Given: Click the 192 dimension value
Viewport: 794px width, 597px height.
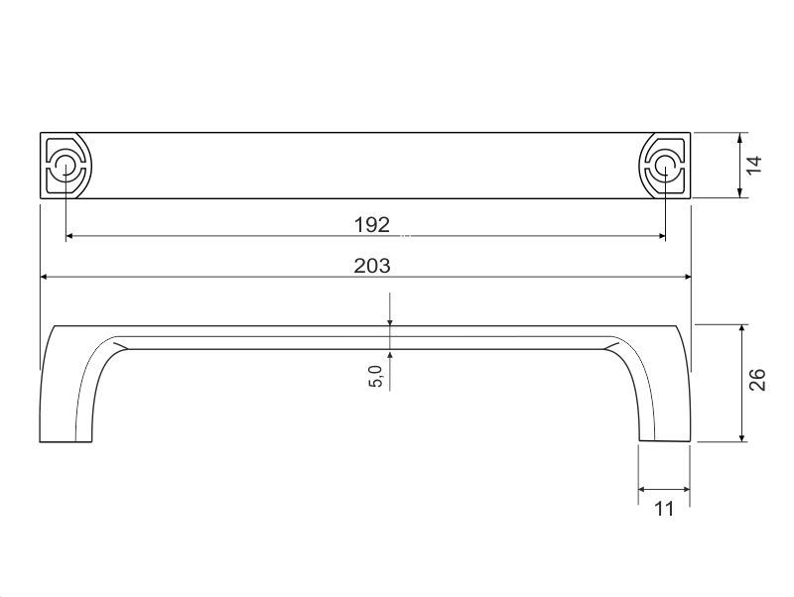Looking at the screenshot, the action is (x=372, y=225).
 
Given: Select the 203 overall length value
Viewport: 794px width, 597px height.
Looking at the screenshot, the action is (x=372, y=266).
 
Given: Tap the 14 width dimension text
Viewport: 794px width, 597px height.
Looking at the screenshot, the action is (x=754, y=165).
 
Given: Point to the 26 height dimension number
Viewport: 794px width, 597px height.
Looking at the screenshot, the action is (x=757, y=380).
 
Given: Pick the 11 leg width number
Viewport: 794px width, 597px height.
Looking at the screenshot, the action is (x=664, y=509).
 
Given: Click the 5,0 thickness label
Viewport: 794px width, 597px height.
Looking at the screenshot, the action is (x=376, y=377).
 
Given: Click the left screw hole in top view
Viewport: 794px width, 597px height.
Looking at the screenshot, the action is (x=66, y=166).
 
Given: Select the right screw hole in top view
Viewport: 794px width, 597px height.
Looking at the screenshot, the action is (x=664, y=166).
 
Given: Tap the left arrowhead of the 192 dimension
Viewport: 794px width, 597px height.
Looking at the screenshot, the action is (x=70, y=236).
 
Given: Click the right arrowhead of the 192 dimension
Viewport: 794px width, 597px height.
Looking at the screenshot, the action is (x=660, y=236).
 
